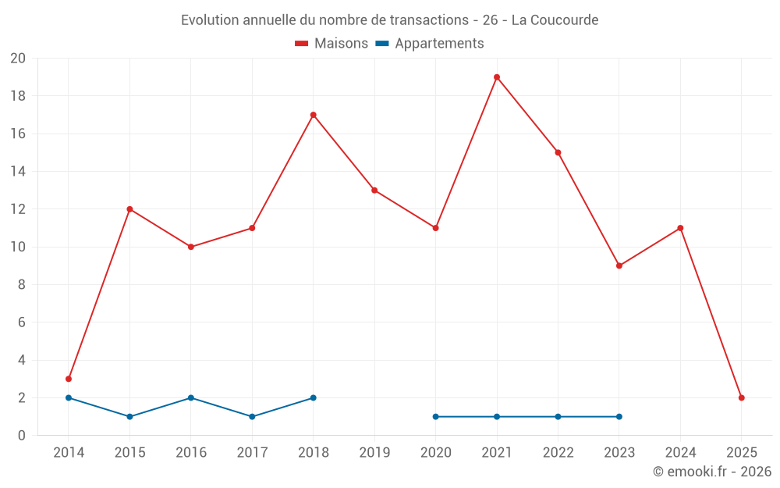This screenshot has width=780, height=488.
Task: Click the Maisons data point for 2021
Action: tap(497, 77)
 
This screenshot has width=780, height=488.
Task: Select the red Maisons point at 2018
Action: tap(313, 115)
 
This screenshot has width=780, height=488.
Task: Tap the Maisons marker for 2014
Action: tap(69, 379)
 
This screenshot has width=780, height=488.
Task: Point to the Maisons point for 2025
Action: tap(742, 397)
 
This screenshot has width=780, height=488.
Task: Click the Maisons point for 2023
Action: tap(619, 265)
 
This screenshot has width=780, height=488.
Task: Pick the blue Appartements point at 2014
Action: tap(69, 397)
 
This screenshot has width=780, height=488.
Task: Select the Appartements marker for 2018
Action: tap(313, 397)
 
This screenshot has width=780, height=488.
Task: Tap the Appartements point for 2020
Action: tap(435, 416)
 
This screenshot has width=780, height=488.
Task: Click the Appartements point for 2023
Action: tap(619, 416)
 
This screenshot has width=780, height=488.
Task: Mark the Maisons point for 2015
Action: tap(129, 209)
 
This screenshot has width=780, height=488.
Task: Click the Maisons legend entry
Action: tap(331, 44)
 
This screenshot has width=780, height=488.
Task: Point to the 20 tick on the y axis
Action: tap(18, 59)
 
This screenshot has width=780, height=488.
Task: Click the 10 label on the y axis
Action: tap(18, 247)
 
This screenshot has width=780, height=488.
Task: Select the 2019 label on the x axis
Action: tap(374, 453)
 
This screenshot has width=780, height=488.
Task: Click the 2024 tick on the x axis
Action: tap(680, 453)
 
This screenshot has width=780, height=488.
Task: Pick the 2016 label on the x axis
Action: tap(191, 453)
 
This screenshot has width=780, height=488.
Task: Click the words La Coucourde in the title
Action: tap(555, 20)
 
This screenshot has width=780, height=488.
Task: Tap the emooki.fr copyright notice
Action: tap(712, 472)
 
